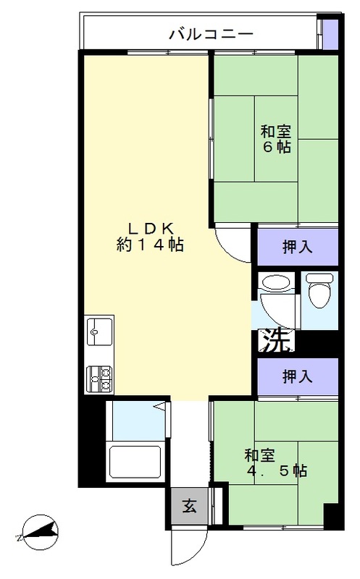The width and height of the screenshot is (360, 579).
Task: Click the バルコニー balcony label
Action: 210,33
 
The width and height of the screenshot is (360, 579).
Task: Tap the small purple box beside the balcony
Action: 330,33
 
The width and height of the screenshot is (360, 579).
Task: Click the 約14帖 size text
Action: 150,245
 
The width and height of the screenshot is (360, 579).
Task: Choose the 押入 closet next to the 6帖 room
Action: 297,246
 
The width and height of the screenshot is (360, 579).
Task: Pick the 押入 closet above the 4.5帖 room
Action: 297,376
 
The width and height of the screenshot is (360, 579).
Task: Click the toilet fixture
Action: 318,292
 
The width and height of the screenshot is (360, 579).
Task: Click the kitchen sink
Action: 99,334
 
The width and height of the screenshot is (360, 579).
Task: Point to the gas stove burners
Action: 99,376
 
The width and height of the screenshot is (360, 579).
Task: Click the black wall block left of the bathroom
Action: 91,441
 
